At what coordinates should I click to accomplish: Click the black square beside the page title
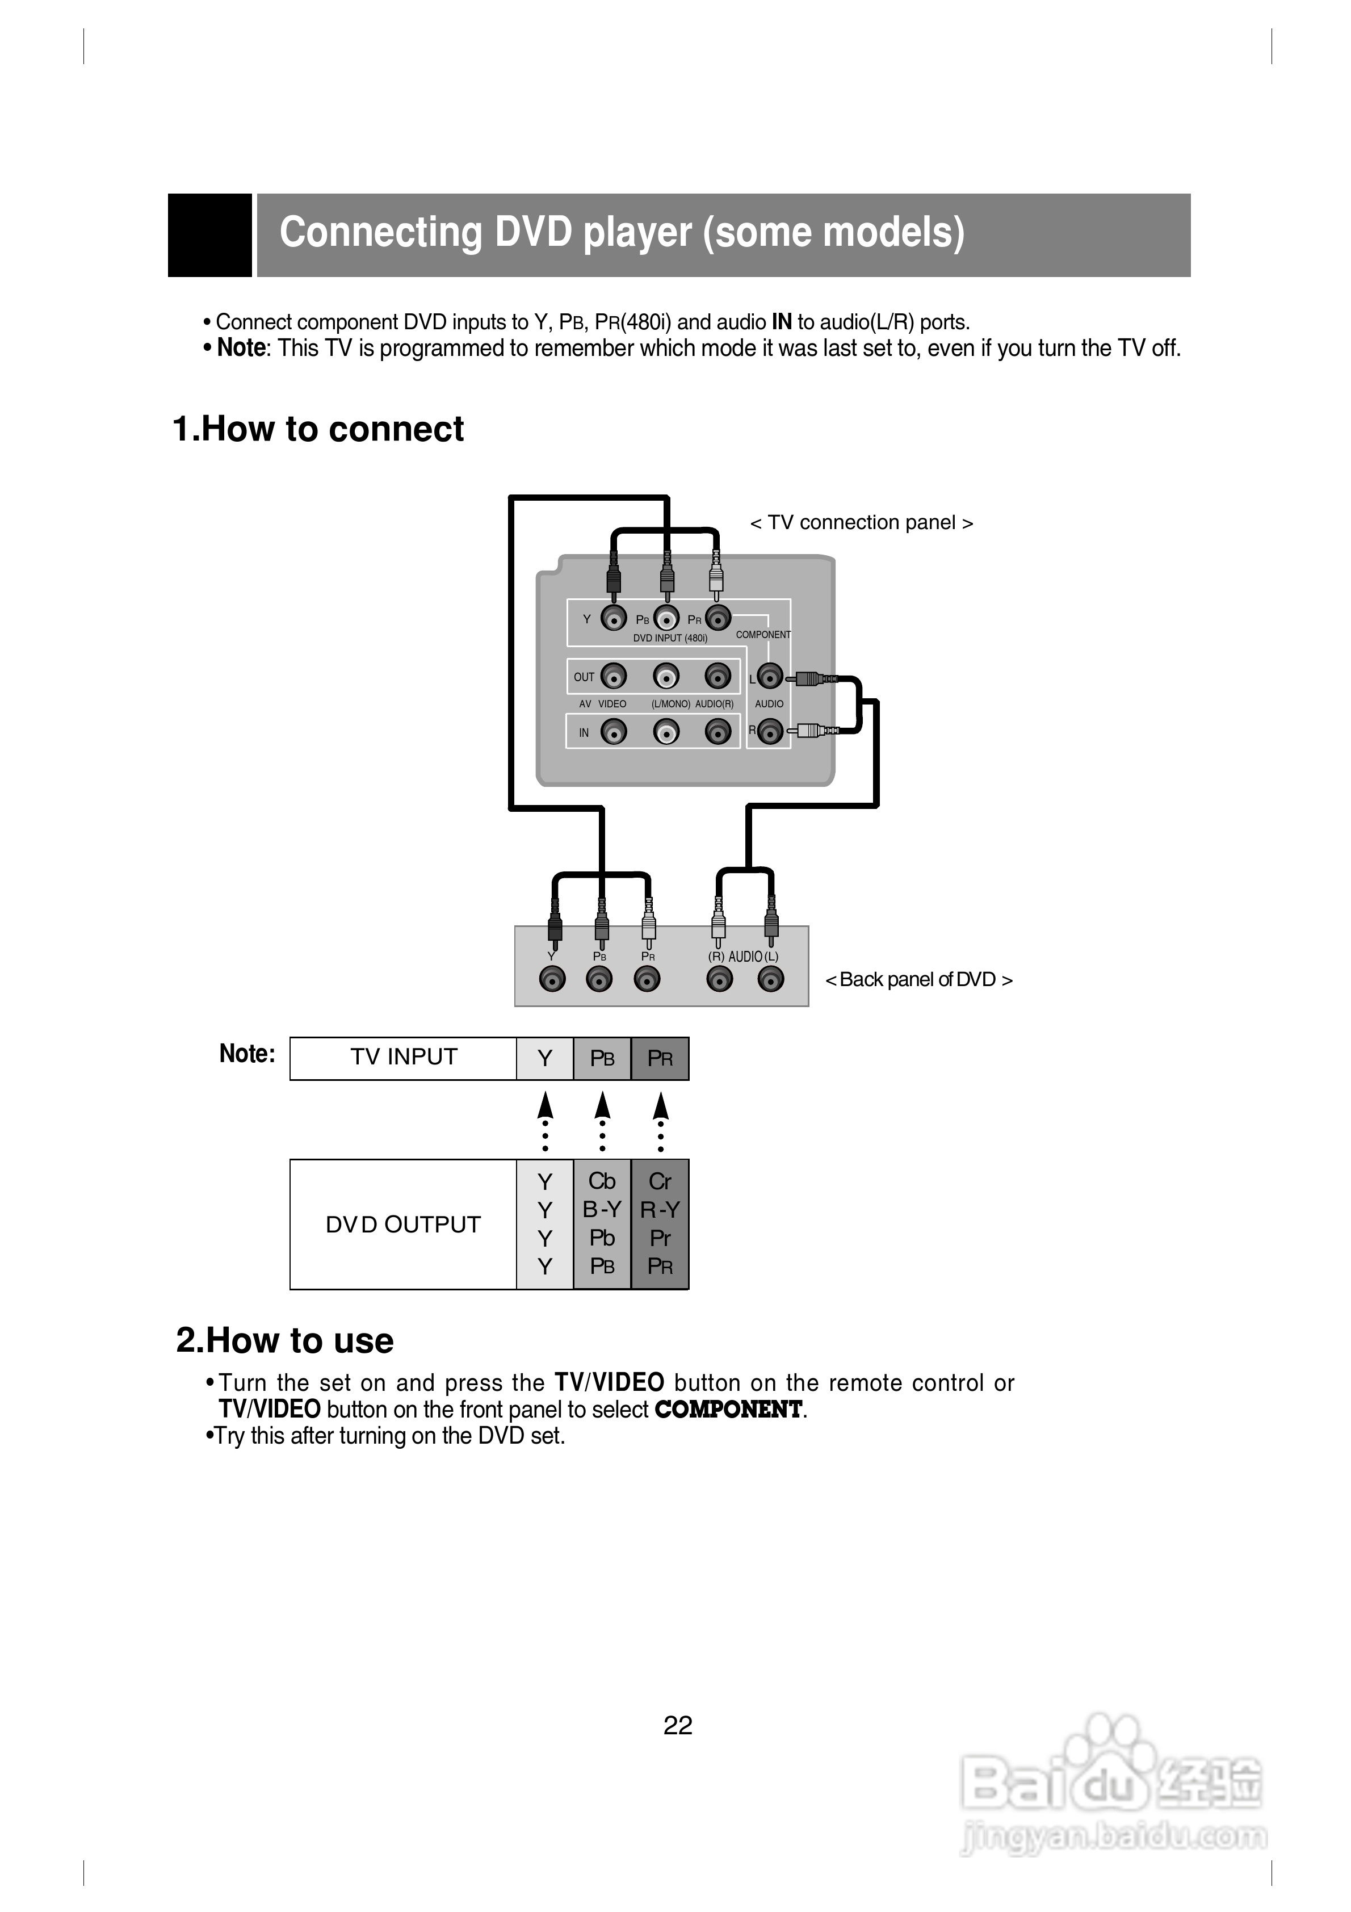coord(210,235)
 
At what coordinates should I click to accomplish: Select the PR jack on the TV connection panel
coord(718,618)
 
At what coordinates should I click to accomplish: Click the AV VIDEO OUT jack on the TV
coord(614,676)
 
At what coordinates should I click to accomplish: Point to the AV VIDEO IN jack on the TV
coord(614,732)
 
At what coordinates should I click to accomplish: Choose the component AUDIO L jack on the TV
coord(770,677)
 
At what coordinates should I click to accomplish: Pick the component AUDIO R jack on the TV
coord(770,732)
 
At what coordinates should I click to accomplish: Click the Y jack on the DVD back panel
coord(552,979)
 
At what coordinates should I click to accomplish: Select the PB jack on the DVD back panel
coord(599,979)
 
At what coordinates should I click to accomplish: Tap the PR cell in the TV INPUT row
coord(660,1058)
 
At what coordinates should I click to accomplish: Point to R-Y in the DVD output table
coord(660,1209)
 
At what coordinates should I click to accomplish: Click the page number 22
coord(678,1725)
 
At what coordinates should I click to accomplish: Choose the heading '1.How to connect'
coord(318,430)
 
